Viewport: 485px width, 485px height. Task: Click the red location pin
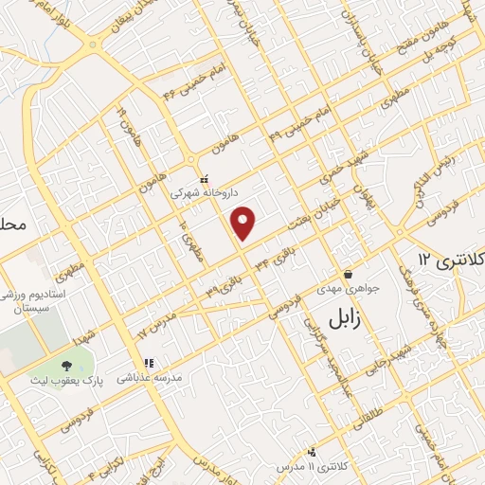pyautogui.click(x=244, y=223)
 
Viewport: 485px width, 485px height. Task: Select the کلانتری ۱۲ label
pyautogui.click(x=450, y=259)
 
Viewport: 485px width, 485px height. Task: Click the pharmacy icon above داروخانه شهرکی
pyautogui.click(x=203, y=177)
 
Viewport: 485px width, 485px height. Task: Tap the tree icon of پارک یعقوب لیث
pyautogui.click(x=66, y=367)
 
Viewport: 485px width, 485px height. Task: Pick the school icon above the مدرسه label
pyautogui.click(x=148, y=362)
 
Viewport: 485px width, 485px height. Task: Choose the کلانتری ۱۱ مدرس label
pyautogui.click(x=309, y=467)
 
